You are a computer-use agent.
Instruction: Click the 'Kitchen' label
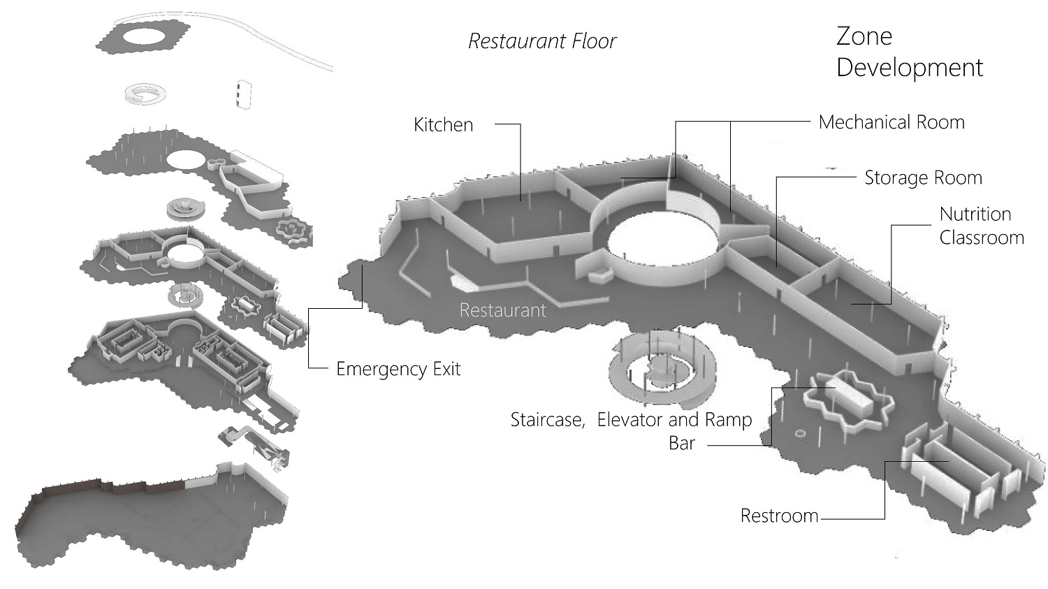point(443,125)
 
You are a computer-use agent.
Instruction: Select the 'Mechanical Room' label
point(891,122)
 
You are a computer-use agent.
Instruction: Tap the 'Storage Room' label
point(923,178)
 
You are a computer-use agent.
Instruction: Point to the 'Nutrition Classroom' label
point(981,226)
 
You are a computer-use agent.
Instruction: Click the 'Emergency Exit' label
point(398,369)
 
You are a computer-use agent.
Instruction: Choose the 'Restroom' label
point(779,516)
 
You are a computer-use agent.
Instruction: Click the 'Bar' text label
point(682,443)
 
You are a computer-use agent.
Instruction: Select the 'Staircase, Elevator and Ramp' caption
point(631,420)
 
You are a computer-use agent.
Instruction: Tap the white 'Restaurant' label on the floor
point(502,310)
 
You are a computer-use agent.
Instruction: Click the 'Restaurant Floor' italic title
point(542,41)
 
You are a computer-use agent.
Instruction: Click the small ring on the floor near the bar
point(800,435)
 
